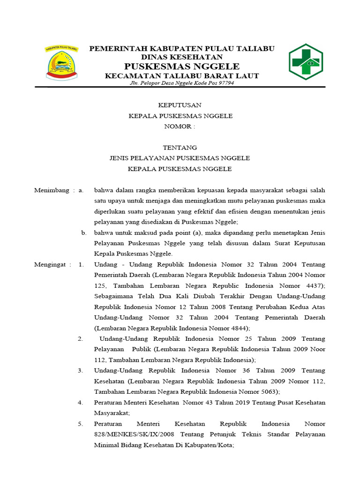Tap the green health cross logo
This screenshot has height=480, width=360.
[305, 61]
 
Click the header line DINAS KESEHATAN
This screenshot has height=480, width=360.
[182, 57]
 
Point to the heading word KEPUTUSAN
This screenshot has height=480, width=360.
[180, 105]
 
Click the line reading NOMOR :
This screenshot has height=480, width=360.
[180, 127]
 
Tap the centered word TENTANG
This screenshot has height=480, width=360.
[180, 148]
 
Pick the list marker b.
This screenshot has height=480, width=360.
[83, 232]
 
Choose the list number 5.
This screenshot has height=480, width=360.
[81, 424]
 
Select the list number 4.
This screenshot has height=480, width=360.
[81, 402]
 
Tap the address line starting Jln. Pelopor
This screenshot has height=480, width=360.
[181, 83]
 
